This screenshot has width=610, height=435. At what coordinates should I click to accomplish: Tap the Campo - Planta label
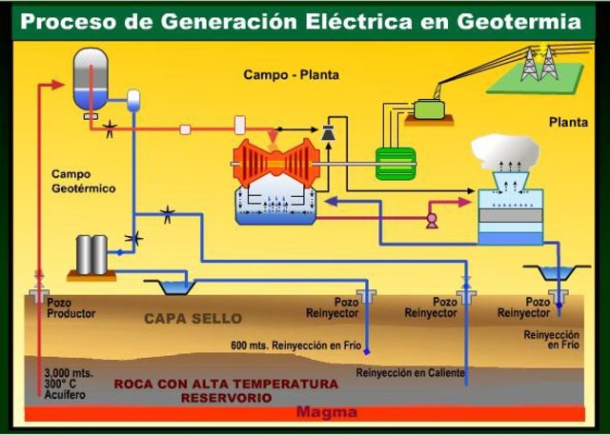[291, 74]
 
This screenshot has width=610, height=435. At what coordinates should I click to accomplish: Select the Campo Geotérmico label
[83, 182]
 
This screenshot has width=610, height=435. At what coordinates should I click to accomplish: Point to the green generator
[395, 163]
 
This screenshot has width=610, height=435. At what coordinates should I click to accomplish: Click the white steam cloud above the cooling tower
[505, 150]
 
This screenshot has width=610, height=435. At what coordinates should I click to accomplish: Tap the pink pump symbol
[432, 220]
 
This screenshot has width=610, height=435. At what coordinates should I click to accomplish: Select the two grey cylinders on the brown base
[91, 254]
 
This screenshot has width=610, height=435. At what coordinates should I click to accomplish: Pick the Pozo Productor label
[71, 307]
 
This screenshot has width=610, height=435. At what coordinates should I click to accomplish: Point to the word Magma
[327, 412]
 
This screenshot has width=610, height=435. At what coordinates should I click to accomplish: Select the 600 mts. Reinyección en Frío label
[293, 345]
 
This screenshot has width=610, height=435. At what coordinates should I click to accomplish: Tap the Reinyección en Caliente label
[411, 372]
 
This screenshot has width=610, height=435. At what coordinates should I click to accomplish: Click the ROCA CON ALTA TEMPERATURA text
[226, 384]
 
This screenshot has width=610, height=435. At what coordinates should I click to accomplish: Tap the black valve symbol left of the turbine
[328, 134]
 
